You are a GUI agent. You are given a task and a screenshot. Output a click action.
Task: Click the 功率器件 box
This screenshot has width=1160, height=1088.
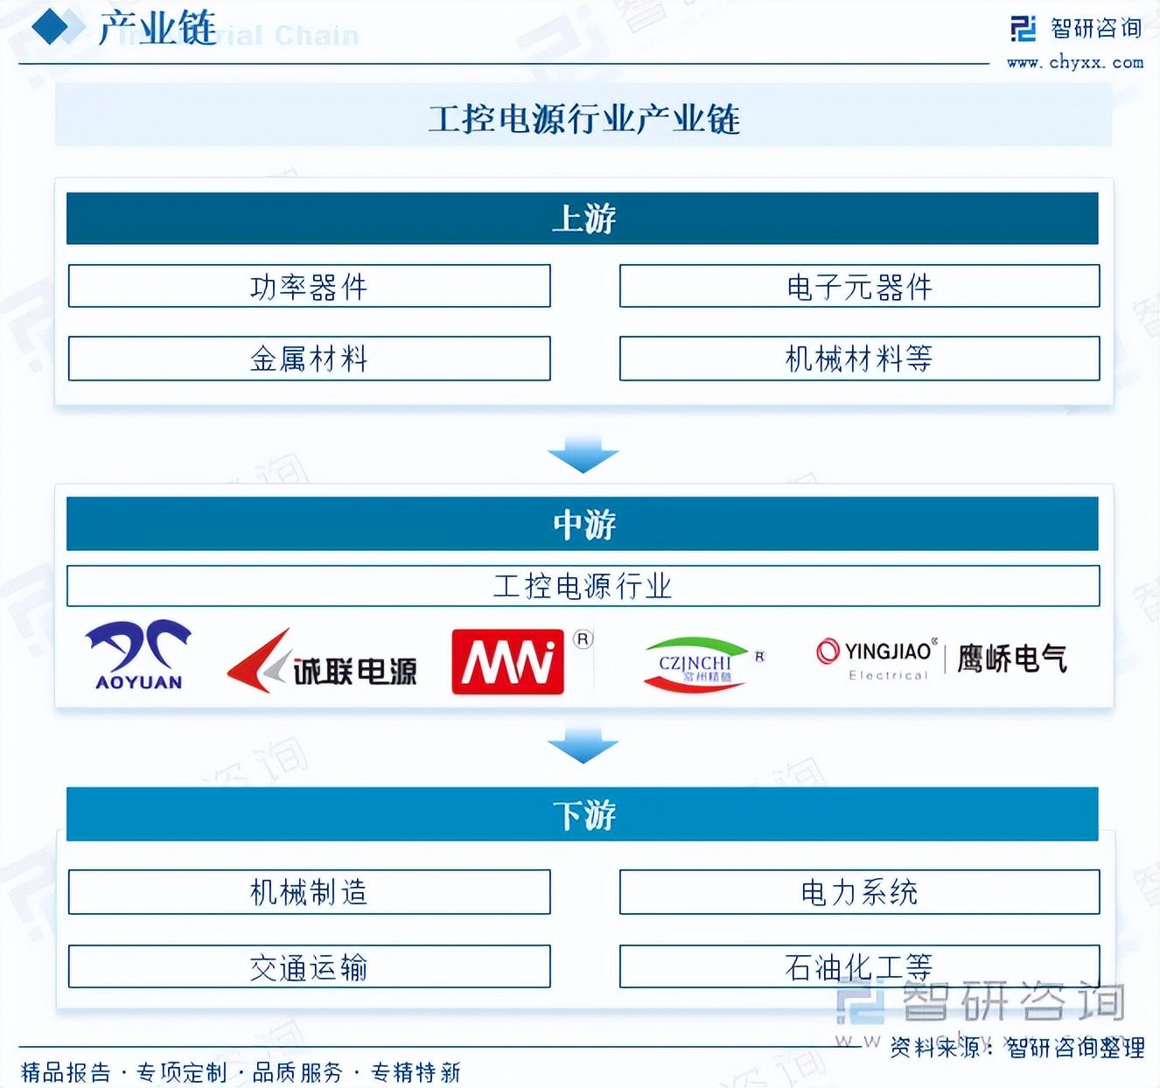[x=309, y=286]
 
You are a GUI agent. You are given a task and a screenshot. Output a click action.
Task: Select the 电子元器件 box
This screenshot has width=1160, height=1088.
[x=859, y=286]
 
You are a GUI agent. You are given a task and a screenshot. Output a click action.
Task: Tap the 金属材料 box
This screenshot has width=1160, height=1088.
[x=309, y=359]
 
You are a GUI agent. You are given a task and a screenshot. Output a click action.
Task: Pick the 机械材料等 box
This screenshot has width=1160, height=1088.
[x=859, y=359]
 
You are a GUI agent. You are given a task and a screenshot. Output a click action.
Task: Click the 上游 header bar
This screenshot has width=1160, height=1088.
[x=583, y=219]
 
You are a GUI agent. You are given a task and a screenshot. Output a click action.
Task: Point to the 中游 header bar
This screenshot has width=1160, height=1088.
[x=583, y=524]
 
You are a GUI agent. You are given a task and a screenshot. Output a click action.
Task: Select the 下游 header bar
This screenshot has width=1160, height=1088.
[x=583, y=814]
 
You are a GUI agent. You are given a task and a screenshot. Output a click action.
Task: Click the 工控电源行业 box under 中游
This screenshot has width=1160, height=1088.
[x=583, y=586]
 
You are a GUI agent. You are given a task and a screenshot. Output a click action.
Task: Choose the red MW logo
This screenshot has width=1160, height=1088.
[x=507, y=662]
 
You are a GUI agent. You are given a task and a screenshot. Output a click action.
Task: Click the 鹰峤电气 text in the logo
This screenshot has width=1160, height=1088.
[x=1012, y=658]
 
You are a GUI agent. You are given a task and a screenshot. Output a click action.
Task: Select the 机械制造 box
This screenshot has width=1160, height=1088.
[x=309, y=892]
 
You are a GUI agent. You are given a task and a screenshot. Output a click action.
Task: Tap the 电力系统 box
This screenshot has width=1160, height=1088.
[x=859, y=892]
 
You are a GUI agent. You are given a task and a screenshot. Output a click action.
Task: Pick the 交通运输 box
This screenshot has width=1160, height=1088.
[x=309, y=966]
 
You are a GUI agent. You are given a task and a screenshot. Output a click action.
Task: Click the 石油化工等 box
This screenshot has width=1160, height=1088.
[x=859, y=966]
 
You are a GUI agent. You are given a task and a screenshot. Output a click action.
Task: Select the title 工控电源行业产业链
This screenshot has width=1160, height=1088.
[x=583, y=119]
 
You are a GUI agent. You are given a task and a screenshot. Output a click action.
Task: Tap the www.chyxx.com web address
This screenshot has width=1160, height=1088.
[x=1075, y=63]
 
